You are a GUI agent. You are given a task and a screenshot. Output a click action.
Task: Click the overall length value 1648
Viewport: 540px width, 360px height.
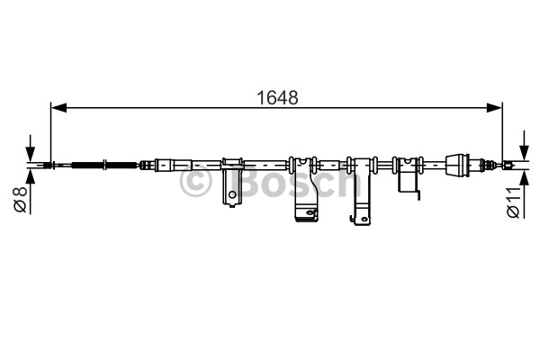pyautogui.click(x=277, y=98)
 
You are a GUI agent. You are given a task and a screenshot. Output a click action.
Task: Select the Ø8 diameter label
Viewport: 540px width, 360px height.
pyautogui.click(x=20, y=200)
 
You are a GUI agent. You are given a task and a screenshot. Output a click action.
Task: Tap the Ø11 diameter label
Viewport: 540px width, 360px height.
pyautogui.click(x=513, y=202)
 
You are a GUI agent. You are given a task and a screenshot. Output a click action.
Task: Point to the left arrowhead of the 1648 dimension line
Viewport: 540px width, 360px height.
pyautogui.click(x=58, y=108)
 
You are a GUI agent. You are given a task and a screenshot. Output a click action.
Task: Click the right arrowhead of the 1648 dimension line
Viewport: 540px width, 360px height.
pyautogui.click(x=494, y=108)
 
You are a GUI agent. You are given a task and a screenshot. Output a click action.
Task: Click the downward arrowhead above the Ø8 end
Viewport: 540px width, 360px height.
pyautogui.click(x=31, y=153)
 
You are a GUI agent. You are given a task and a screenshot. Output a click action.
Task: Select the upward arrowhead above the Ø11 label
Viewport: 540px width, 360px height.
pyautogui.click(x=524, y=177)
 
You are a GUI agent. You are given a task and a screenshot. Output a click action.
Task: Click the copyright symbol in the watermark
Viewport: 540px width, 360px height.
pyautogui.click(x=195, y=181)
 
